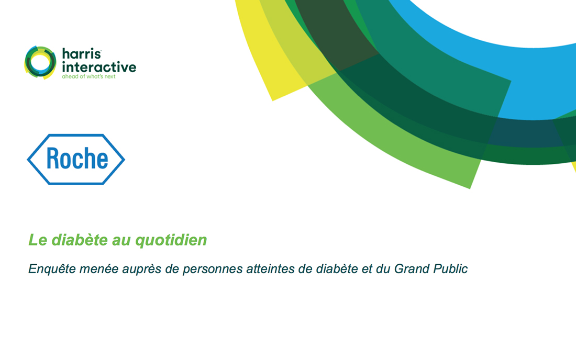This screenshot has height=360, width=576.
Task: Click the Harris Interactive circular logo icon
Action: coord(40,62)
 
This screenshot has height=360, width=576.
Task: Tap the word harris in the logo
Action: coord(82,54)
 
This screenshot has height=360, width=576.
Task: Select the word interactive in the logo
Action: coord(99,67)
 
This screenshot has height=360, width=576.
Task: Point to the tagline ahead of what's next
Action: coord(88,76)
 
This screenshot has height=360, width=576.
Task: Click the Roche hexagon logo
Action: coord(76,159)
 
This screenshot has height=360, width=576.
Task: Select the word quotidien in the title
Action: coord(171,241)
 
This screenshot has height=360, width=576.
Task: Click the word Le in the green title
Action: coord(38,240)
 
